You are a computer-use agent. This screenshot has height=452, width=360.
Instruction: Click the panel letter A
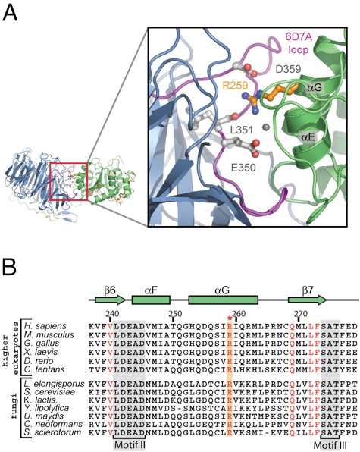[10, 12]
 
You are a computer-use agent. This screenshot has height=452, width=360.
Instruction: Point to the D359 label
[288, 69]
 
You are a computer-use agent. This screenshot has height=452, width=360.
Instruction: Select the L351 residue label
[241, 130]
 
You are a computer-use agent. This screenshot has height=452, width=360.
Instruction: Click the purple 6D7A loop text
[298, 43]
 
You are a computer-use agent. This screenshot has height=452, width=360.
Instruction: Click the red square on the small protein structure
[68, 181]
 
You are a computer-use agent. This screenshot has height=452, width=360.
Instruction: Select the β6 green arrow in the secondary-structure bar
[111, 300]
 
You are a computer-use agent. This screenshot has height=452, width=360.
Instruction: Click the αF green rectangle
[151, 300]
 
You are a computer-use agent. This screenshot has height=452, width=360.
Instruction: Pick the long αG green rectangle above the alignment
[223, 300]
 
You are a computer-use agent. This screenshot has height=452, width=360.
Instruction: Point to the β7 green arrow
[307, 300]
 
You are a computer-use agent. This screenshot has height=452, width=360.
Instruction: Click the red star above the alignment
[230, 318]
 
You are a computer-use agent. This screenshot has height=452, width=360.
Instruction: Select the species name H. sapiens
[45, 327]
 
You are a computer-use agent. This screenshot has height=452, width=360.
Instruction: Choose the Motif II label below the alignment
[129, 444]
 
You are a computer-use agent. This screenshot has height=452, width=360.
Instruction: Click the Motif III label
[330, 444]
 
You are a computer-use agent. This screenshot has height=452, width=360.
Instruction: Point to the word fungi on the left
[13, 407]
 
